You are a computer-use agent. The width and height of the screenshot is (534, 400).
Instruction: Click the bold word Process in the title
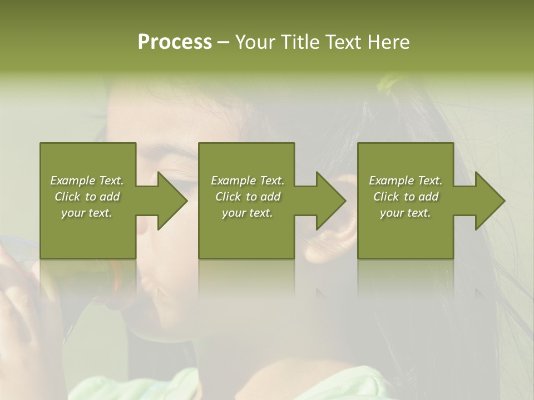tap(175, 42)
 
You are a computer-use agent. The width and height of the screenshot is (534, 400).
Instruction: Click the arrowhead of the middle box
tap(330, 201)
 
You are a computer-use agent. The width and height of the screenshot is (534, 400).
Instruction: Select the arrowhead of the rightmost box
tap(489, 201)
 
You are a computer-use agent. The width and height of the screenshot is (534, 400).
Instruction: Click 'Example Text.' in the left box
tap(87, 181)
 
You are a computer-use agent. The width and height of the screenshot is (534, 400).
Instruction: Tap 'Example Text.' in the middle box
tap(248, 181)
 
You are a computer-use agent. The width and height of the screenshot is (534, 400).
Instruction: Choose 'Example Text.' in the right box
tap(406, 181)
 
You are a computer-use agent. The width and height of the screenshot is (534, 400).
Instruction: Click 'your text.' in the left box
tap(87, 213)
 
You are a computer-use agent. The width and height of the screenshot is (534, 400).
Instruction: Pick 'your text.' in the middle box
tap(248, 213)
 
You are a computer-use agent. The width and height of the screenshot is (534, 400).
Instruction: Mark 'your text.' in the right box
tap(406, 213)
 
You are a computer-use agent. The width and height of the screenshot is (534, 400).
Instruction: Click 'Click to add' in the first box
tap(87, 197)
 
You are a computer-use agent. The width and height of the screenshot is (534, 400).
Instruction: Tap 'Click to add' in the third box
tap(406, 197)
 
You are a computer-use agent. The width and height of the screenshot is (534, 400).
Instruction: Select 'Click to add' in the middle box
tap(248, 197)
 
